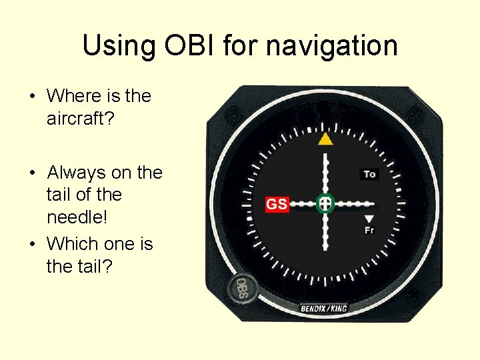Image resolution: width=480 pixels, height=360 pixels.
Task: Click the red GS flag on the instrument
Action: point(277,204)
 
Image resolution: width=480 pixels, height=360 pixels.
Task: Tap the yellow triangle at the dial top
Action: point(325,139)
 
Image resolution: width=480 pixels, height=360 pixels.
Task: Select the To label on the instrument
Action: point(369,174)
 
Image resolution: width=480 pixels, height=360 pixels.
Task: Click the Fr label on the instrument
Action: point(369,230)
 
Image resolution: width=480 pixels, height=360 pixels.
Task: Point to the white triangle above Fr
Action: point(369,219)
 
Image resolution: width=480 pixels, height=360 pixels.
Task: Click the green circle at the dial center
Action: point(325,203)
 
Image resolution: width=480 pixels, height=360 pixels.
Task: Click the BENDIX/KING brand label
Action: point(324,308)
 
